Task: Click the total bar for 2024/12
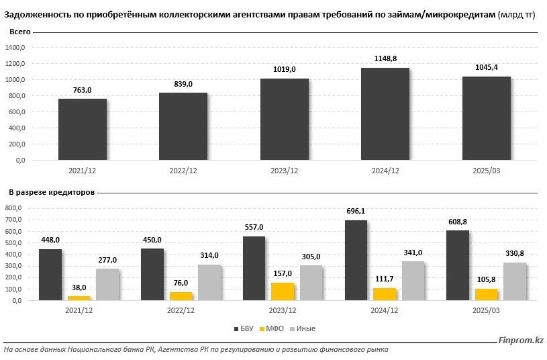pyautogui.click(x=385, y=114)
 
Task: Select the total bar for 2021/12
pyautogui.click(x=83, y=129)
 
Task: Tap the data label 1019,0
pyautogui.click(x=285, y=69)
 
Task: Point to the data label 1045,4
pyautogui.click(x=487, y=67)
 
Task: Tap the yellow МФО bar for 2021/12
pyautogui.click(x=79, y=298)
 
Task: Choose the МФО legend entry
pyautogui.click(x=271, y=328)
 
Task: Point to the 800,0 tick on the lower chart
pyautogui.click(x=14, y=208)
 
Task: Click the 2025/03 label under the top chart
pyautogui.click(x=487, y=171)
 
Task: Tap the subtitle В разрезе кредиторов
pyautogui.click(x=52, y=192)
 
